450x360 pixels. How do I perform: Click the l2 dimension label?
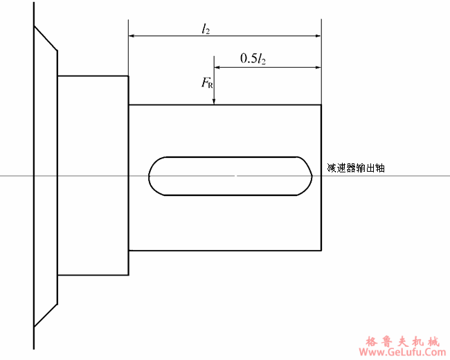click(x=206, y=28)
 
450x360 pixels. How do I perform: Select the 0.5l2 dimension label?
click(x=253, y=59)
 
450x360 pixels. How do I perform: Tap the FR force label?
click(x=208, y=84)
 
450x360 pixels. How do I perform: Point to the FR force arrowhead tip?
click(x=215, y=103)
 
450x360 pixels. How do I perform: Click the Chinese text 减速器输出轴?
click(x=355, y=168)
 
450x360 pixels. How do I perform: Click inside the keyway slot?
click(x=231, y=176)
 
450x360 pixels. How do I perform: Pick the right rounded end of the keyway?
click(x=309, y=176)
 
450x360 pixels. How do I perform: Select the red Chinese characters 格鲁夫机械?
click(x=402, y=340)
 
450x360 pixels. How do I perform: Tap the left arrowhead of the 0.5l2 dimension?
click(x=217, y=67)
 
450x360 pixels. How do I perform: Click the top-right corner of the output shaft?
click(x=321, y=105)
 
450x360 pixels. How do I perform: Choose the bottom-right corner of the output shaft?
click(x=321, y=250)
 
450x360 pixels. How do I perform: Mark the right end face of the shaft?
click(x=321, y=208)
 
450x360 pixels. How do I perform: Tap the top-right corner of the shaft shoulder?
click(x=128, y=76)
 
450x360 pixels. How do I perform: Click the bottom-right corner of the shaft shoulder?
click(x=128, y=274)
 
